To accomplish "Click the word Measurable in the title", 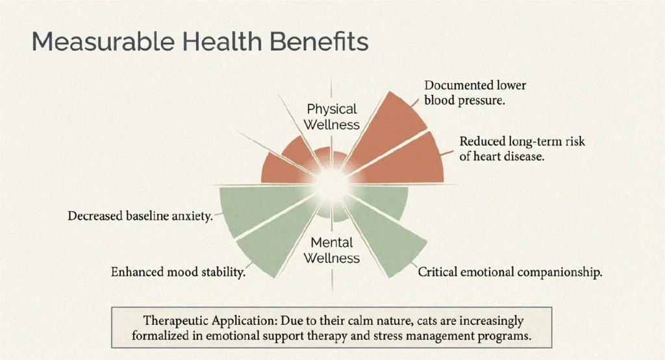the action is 103,42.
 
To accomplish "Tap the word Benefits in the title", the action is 319,42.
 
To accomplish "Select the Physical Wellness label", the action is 332,117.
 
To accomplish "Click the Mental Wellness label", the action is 332,250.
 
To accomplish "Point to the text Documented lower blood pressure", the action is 475,92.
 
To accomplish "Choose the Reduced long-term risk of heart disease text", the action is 522,149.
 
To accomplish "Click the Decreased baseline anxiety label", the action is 140,216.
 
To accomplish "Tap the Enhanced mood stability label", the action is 178,272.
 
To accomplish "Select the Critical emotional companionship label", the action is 510,272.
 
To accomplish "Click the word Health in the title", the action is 222,42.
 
